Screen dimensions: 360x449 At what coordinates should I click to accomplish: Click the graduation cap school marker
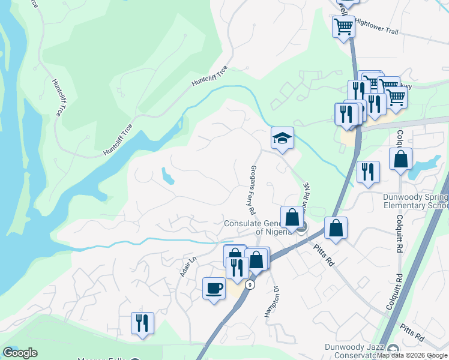(282, 139)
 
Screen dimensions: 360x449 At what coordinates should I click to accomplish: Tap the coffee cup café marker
(214, 289)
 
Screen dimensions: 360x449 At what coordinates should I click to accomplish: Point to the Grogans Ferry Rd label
(253, 190)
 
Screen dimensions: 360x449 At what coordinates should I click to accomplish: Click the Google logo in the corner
(20, 352)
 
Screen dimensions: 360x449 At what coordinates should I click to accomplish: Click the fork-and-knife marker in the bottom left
(142, 323)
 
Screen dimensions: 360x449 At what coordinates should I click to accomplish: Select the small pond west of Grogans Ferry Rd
(167, 175)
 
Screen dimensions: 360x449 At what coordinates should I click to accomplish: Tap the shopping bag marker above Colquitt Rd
(400, 160)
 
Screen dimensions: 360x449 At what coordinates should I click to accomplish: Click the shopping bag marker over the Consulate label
(292, 218)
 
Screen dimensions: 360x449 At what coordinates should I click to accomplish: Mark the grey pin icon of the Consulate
(302, 227)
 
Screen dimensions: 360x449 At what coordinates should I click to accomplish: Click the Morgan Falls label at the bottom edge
(101, 358)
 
